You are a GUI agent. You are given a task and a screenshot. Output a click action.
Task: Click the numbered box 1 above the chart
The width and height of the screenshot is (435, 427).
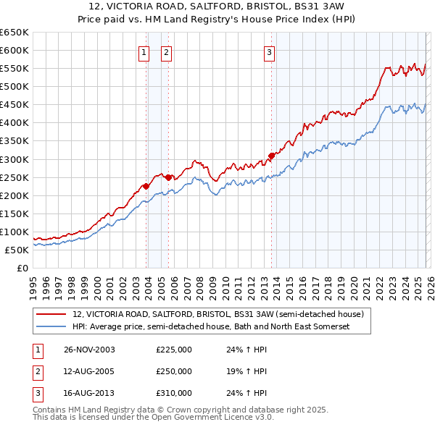tap(144, 52)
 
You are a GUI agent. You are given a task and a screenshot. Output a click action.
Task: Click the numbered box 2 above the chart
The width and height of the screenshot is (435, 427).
tap(166, 52)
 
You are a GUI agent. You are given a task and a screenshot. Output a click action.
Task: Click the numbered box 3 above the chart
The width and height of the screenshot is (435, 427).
tap(269, 52)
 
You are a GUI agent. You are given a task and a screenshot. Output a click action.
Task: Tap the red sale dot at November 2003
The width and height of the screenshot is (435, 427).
tap(146, 186)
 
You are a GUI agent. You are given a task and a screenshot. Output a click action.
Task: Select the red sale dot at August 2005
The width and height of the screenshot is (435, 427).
tap(168, 177)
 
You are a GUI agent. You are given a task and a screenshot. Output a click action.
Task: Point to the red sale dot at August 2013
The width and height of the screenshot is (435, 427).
tap(271, 155)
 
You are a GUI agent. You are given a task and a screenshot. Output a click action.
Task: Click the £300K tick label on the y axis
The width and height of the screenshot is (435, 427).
tap(14, 159)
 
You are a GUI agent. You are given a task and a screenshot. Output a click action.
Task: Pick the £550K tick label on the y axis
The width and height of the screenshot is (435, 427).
tap(14, 68)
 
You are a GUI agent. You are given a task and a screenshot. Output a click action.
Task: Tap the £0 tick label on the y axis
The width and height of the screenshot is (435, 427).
tap(22, 269)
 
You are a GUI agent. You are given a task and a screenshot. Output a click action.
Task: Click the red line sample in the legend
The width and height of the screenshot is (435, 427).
tap(51, 314)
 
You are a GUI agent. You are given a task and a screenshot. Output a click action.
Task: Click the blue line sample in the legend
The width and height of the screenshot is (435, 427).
tap(51, 326)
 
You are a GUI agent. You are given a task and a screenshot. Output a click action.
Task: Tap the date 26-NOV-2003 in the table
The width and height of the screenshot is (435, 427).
tap(89, 350)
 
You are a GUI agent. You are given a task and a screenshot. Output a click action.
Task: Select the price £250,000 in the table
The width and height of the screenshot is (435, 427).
tap(174, 371)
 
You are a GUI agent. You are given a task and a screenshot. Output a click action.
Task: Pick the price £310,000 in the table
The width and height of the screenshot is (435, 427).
tap(174, 393)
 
